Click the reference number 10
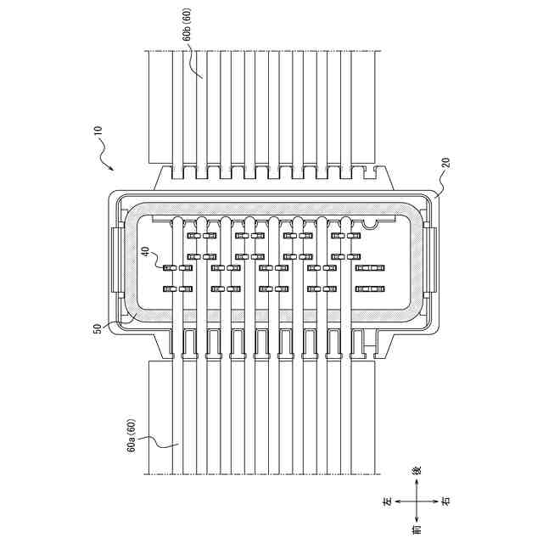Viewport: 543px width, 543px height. point(97,132)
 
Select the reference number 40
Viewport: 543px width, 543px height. point(145,253)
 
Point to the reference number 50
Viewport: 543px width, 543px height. point(98,327)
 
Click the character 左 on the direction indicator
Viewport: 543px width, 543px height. point(387,502)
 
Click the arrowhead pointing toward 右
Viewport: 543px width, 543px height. point(434,501)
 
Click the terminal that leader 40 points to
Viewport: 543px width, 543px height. point(168,268)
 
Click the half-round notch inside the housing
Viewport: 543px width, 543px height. point(371,224)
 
